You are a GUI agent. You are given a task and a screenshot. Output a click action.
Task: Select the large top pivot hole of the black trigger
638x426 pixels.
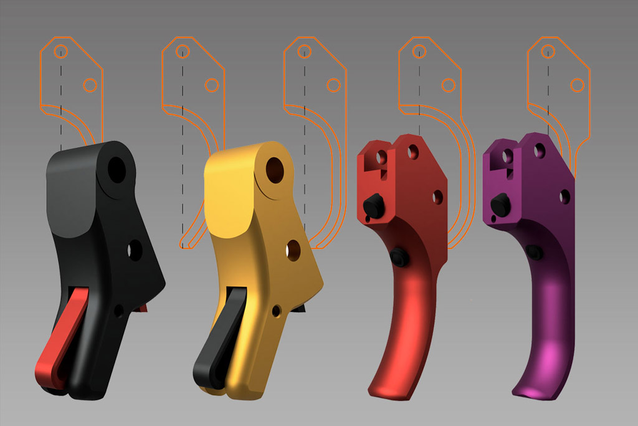tap(117, 167)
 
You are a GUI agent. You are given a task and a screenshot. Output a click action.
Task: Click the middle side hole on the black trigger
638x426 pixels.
tap(135, 250)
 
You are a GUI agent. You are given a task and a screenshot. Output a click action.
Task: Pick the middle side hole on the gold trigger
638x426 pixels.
tap(293, 251)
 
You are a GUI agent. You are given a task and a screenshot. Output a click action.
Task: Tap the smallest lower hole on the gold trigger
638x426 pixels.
tap(275, 310)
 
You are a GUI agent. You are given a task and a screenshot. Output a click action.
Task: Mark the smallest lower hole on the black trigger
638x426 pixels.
tap(118, 310)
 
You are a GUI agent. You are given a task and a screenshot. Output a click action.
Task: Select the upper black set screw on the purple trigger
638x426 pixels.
tap(500, 203)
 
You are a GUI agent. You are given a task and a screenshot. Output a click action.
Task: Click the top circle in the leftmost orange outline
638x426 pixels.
tap(60, 51)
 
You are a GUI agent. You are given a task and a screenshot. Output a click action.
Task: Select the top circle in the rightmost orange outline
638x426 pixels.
tap(548, 51)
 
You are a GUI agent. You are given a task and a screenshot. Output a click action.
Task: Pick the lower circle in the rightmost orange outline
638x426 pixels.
tap(578, 85)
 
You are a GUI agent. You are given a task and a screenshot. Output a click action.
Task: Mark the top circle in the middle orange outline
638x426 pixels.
tap(304, 51)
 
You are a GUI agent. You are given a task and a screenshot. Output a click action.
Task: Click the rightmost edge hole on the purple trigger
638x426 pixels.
tap(565, 197)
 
